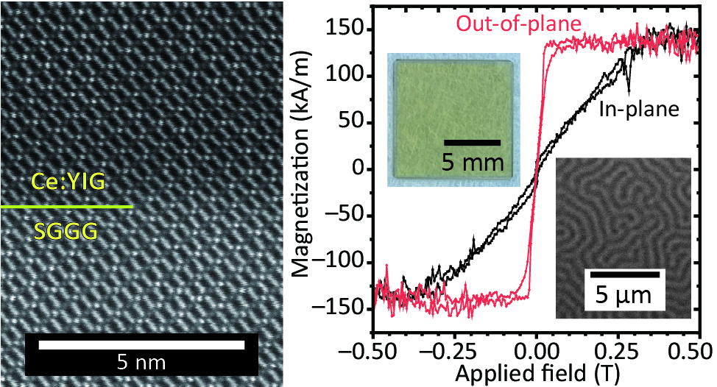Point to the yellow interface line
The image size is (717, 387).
tap(66, 207)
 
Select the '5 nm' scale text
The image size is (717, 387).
tap(141, 361)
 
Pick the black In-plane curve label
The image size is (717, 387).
tap(637, 110)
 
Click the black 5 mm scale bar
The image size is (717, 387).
tap(473, 142)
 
